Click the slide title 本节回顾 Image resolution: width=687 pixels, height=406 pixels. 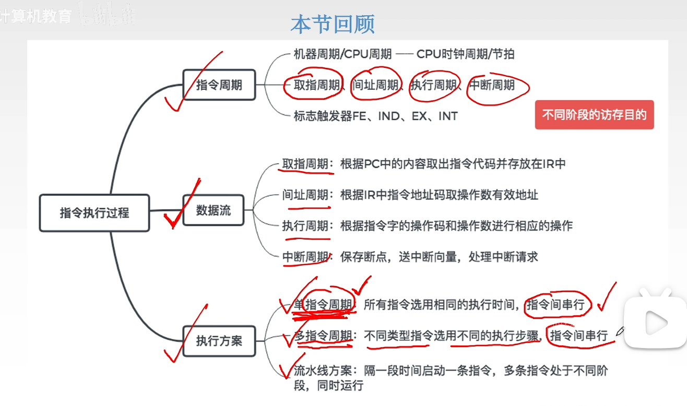333,25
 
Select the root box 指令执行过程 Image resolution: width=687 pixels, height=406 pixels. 94,213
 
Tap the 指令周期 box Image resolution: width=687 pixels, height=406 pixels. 219,85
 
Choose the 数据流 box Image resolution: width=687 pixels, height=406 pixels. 213,210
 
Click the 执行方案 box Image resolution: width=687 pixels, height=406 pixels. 219,341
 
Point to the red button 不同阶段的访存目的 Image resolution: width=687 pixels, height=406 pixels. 594,115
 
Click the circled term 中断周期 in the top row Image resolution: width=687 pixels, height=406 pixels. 492,85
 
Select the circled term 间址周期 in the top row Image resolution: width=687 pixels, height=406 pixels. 375,85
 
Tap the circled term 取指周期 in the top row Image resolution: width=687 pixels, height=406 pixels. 316,85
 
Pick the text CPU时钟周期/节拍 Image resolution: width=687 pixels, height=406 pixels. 465,54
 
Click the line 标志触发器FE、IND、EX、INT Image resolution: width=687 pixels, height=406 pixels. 375,116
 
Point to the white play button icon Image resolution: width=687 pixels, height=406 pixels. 656,323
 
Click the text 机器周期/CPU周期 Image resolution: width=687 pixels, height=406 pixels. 342,54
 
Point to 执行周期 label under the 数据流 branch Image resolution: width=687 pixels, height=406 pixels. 305,226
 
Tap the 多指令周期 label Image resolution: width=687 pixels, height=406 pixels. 323,336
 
